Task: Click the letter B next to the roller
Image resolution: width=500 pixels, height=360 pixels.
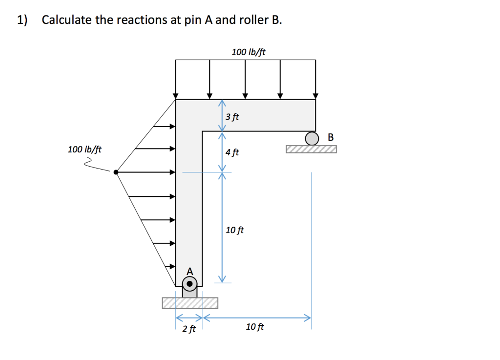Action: [x=331, y=137]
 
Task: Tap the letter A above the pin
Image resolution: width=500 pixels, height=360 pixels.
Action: [x=190, y=271]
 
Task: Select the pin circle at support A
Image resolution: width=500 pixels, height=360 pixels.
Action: [x=190, y=283]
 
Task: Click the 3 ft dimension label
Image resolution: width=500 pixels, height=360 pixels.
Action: [x=232, y=117]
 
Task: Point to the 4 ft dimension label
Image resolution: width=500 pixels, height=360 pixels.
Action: [x=232, y=152]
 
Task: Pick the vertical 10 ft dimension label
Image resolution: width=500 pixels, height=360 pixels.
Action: [x=235, y=230]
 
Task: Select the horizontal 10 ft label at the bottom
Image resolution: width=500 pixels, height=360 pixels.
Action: [x=254, y=327]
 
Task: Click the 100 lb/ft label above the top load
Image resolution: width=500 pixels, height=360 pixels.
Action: [x=249, y=52]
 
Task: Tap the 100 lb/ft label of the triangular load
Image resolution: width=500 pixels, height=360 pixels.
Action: [x=84, y=149]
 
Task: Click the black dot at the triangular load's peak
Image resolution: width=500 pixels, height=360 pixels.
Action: [x=116, y=171]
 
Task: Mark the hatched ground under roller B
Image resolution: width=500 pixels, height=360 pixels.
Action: [x=312, y=149]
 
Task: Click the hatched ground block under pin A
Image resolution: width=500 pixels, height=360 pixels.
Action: [x=190, y=303]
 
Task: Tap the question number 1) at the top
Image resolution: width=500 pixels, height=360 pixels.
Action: [x=22, y=20]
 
